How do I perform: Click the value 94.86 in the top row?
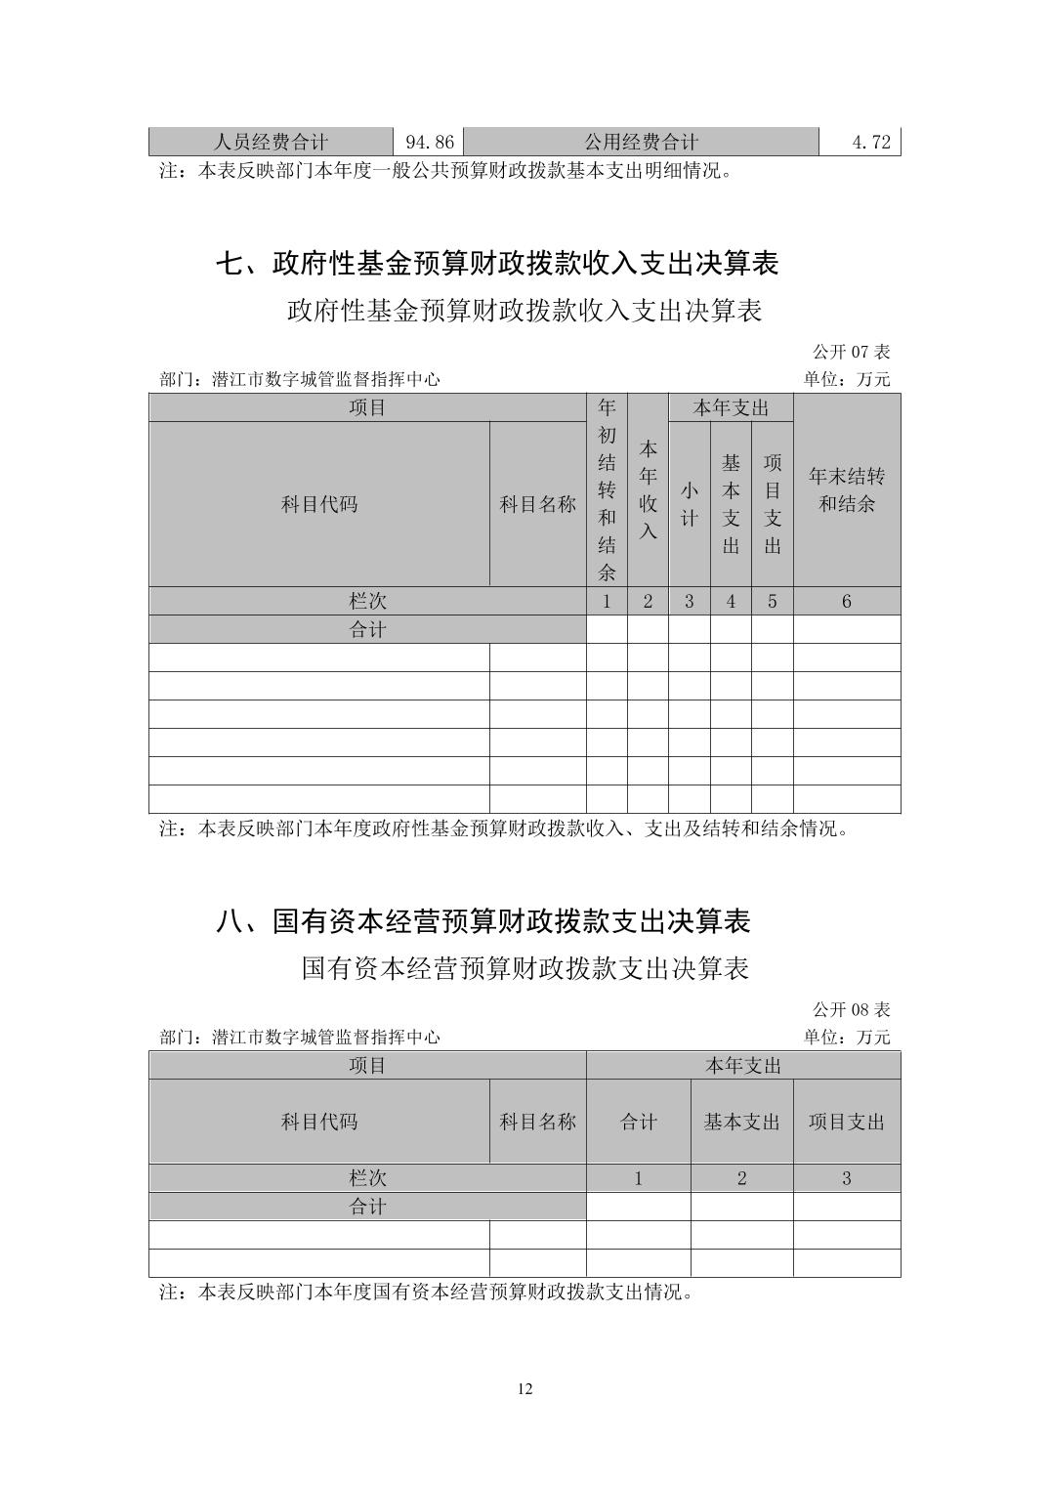click(430, 142)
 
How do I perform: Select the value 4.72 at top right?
click(871, 142)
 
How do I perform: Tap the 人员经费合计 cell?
click(271, 142)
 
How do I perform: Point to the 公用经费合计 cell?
click(641, 142)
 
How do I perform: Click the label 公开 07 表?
click(851, 352)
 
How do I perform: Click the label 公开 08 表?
click(851, 1009)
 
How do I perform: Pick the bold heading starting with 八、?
click(483, 921)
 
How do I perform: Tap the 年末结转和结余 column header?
click(847, 490)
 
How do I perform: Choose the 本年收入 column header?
click(648, 490)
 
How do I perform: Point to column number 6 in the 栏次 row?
click(847, 602)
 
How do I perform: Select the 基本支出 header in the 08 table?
click(741, 1123)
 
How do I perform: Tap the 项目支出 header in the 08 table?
click(847, 1123)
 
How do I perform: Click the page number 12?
click(525, 1390)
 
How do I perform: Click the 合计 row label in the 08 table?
click(367, 1208)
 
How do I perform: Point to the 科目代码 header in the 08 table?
click(319, 1123)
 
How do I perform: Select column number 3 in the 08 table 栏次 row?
click(847, 1179)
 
